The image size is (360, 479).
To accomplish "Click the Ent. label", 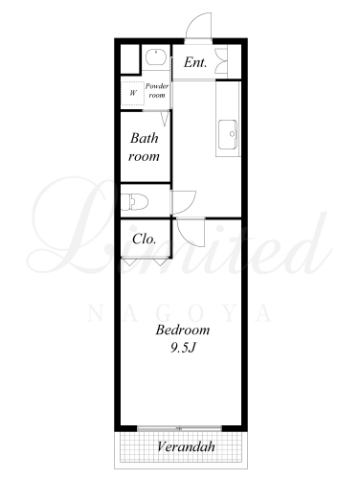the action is coord(195,62).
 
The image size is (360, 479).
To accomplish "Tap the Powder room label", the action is coord(157,90).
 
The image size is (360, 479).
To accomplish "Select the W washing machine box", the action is coord(132,93).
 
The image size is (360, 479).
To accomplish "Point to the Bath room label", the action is coord(145,148).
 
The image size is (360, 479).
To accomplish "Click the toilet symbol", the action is coord(134,202).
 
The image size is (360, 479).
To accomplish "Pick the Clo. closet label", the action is coord(145,239).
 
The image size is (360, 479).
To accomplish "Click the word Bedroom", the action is coord(183,330).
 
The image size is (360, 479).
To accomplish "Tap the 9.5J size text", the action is coord(182,348).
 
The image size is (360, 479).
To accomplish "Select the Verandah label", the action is coord(186,446).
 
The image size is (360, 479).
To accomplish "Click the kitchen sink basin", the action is coord(228,134).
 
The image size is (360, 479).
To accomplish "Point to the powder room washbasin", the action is coord(156,57).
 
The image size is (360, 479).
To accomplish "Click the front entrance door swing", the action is coord(198,26).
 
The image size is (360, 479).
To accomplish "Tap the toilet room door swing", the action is coord(184,202).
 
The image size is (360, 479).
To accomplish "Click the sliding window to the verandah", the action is coord(180,428).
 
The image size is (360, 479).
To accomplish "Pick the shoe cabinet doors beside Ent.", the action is coord(221,60).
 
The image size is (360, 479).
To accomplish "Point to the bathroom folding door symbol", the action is coord(165,118).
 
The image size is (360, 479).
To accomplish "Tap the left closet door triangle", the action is coord(129,262).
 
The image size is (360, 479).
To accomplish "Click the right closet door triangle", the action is coord(159,262).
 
